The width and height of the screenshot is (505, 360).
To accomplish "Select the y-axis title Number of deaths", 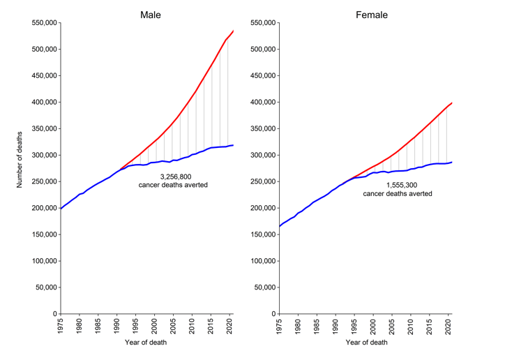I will (21, 168).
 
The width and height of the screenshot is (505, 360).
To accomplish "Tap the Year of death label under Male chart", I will (147, 342).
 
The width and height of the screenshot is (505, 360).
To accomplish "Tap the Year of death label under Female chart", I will (365, 342).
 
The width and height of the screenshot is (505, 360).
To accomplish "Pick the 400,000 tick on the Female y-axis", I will (261, 103).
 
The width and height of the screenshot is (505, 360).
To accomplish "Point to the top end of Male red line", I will (233, 31).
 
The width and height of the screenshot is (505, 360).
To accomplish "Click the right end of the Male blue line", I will (233, 145).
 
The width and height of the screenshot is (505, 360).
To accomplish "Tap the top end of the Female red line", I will (451, 103).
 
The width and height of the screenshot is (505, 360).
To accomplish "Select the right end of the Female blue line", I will (451, 162).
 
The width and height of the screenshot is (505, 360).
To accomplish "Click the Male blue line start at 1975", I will (61, 209).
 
